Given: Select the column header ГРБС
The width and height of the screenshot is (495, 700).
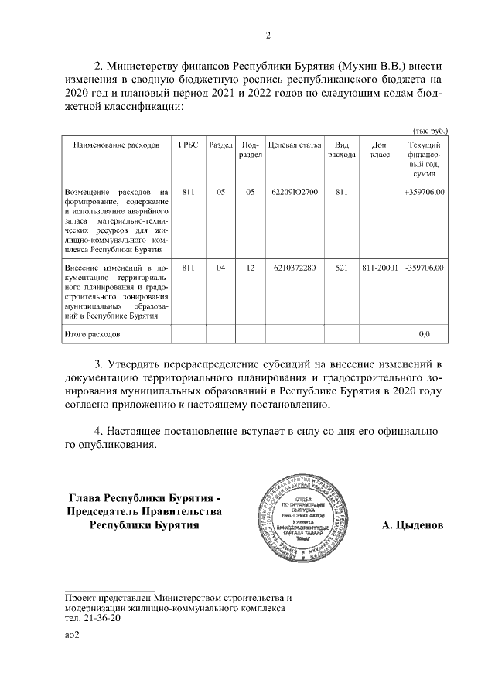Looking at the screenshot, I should (186, 145).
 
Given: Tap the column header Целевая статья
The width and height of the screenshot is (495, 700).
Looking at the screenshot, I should (295, 145).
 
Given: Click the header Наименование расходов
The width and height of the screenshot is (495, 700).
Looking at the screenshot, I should (116, 145).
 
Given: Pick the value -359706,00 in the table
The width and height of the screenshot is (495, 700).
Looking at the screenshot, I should (424, 268).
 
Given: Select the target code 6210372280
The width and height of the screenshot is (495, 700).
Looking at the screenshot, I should (295, 268).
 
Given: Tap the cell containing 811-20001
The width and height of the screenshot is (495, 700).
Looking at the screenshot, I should (379, 268).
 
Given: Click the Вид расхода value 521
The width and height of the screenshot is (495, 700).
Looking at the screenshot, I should (340, 268).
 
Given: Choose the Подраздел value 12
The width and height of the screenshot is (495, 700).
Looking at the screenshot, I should (250, 268).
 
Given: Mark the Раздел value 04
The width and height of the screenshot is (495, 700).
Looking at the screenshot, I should (220, 268).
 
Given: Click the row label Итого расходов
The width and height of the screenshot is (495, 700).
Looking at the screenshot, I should (93, 334).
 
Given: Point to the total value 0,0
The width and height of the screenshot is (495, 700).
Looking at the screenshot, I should (424, 334).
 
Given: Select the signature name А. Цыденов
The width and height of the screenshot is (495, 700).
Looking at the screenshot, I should (413, 525).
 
